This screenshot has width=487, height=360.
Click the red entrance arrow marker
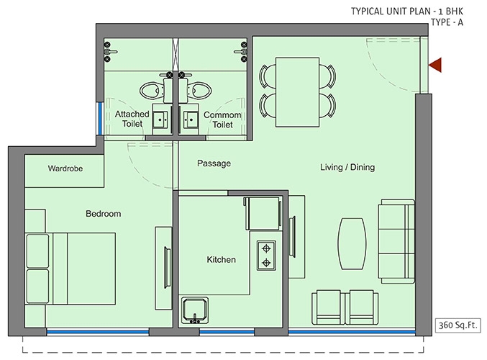[435, 65]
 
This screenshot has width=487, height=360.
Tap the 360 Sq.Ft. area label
[458, 325]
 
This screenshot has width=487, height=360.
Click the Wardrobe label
[65, 168]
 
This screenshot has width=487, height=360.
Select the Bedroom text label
[104, 214]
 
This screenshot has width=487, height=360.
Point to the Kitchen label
[221, 259]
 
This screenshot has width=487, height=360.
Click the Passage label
[214, 163]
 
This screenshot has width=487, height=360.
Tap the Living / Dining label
[347, 167]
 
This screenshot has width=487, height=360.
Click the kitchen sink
[195, 310]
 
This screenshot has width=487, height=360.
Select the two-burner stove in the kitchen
[266, 256]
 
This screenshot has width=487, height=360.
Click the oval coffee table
[352, 243]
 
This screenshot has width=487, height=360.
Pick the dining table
[298, 92]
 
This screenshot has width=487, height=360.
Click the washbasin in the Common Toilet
[190, 120]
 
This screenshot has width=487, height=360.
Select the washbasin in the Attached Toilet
[161, 120]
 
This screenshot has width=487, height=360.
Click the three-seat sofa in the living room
[396, 241]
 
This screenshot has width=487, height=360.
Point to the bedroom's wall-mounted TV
[167, 268]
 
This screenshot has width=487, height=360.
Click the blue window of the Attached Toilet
[100, 119]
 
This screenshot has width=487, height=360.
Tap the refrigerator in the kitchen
[263, 213]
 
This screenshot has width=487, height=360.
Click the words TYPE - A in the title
[447, 22]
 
